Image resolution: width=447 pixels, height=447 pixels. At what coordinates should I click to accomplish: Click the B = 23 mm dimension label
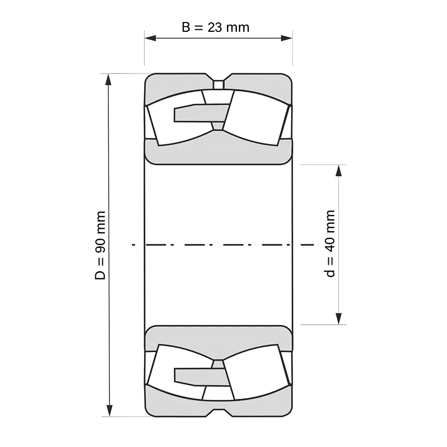click(x=216, y=27)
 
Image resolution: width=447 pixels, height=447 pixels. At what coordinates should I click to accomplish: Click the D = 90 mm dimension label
click(x=100, y=245)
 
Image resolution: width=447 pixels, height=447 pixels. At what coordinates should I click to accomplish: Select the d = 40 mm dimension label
click(x=330, y=243)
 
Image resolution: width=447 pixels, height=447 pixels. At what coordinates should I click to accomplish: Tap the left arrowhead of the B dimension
click(x=150, y=38)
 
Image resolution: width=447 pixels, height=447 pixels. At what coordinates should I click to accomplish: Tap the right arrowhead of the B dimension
click(x=287, y=38)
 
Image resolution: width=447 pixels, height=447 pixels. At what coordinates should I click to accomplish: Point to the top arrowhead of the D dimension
click(x=108, y=79)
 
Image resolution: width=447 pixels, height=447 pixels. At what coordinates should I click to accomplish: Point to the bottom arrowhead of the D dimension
click(x=108, y=411)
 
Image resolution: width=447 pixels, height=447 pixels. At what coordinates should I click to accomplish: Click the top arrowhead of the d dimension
click(x=339, y=170)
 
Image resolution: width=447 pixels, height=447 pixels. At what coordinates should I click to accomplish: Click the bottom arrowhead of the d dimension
click(x=339, y=319)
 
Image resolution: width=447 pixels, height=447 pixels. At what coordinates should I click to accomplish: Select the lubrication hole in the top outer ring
click(x=219, y=85)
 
